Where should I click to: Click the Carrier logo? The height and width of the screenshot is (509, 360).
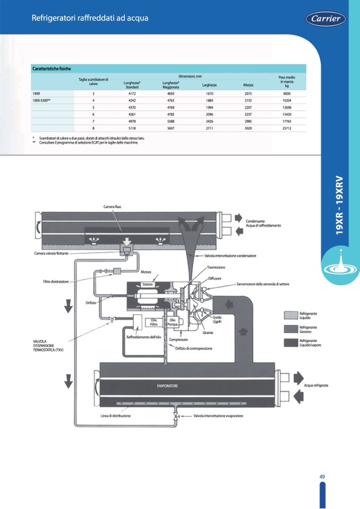coord(325,19)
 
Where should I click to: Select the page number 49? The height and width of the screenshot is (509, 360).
coord(322,476)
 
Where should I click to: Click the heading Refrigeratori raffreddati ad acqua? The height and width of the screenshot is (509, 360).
coord(90,19)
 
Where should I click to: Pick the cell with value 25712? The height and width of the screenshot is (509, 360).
coord(287,128)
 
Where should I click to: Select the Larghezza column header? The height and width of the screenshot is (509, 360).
coord(209,85)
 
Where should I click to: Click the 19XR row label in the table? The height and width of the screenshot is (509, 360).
coord(36,93)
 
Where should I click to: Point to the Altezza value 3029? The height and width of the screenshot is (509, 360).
coord(248,128)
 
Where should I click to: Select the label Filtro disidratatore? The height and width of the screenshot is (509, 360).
coord(56,281)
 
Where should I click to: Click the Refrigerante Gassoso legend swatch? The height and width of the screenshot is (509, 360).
coord(290,328)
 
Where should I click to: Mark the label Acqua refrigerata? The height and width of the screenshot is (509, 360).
coord(316,385)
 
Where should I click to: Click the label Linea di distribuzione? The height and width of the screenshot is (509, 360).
coord(115,416)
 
